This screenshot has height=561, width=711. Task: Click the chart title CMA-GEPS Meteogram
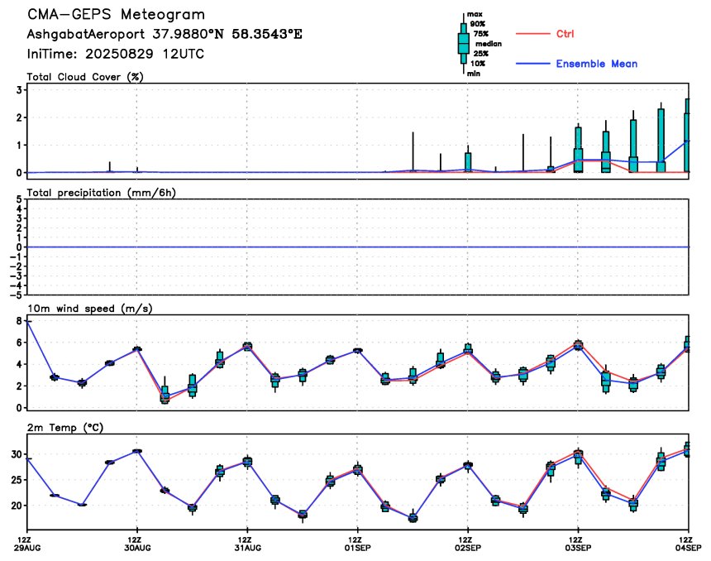coord(116,14)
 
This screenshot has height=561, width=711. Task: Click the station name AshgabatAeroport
coord(86,34)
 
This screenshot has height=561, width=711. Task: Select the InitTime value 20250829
coord(120,54)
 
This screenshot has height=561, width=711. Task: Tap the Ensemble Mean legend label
coord(597,64)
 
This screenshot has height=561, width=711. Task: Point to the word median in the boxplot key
coord(489,44)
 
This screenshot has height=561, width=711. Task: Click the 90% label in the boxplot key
coord(478,24)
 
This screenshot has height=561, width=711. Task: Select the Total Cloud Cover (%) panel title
coord(85,77)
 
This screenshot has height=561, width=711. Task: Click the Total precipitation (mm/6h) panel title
coord(101,193)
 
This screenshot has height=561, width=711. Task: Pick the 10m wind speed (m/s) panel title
coord(90,309)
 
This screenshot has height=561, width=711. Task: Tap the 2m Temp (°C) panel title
coord(65,428)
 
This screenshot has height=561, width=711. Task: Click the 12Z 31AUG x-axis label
coord(247,544)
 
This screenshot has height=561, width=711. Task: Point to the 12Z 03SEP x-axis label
coord(578,544)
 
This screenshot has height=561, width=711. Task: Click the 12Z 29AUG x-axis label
coord(27,544)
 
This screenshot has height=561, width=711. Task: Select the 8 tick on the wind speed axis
coord(19,321)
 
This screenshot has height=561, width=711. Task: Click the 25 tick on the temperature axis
coord(17,480)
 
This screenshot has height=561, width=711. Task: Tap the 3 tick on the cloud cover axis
coord(19,90)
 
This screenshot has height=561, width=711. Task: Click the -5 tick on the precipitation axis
coord(17,295)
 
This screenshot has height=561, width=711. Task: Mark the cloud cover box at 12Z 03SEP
coord(578,150)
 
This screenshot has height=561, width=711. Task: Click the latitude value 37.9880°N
coord(188,34)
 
